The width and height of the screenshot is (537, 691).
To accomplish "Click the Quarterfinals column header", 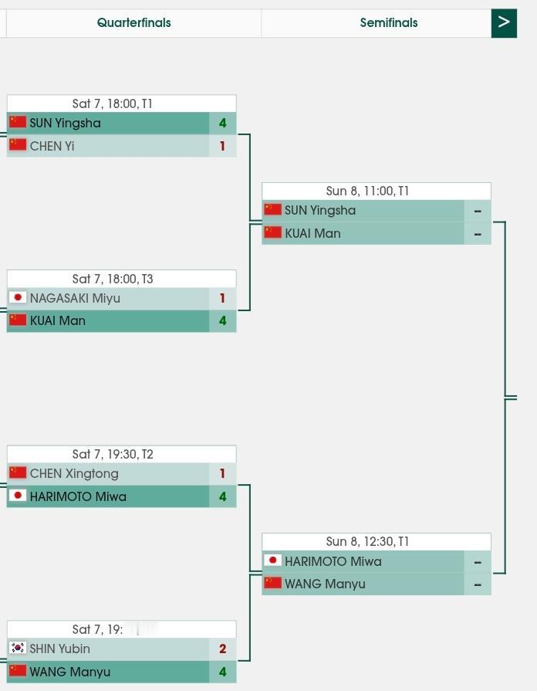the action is click(x=133, y=23).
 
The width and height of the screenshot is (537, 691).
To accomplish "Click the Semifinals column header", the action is click(x=389, y=23).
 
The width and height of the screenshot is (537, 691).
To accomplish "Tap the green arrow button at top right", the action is click(x=504, y=23).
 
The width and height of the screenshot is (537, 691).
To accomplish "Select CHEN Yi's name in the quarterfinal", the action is click(x=52, y=146).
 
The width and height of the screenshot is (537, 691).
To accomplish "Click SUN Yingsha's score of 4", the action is click(x=222, y=124).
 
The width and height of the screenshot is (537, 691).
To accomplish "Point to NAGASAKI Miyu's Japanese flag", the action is click(x=18, y=298).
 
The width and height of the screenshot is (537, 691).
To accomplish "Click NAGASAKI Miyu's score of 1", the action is click(x=222, y=299).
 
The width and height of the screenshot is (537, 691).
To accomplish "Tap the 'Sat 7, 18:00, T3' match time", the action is click(x=113, y=279).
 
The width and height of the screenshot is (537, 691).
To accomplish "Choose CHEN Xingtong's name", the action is click(x=74, y=474).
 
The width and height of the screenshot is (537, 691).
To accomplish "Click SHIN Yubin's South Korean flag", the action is click(x=18, y=649).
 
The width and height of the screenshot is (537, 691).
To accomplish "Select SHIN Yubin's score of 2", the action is click(x=222, y=649).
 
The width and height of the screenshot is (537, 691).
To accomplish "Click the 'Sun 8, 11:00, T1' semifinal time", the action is click(x=367, y=191).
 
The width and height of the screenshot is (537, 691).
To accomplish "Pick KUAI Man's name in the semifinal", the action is click(x=312, y=233).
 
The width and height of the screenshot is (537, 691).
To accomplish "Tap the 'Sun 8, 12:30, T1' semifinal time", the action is click(x=367, y=542).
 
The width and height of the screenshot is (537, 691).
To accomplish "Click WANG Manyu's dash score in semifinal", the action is click(x=478, y=584).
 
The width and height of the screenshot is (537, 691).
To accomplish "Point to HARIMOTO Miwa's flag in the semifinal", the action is click(x=272, y=561).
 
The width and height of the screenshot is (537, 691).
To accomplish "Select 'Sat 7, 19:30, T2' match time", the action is click(x=113, y=454).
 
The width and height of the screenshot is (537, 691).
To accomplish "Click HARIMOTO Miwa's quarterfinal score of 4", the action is click(x=222, y=496).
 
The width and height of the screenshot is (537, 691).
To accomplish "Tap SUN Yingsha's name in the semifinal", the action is click(x=320, y=211).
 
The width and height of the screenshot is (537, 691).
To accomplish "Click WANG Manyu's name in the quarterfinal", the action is click(x=69, y=672).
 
